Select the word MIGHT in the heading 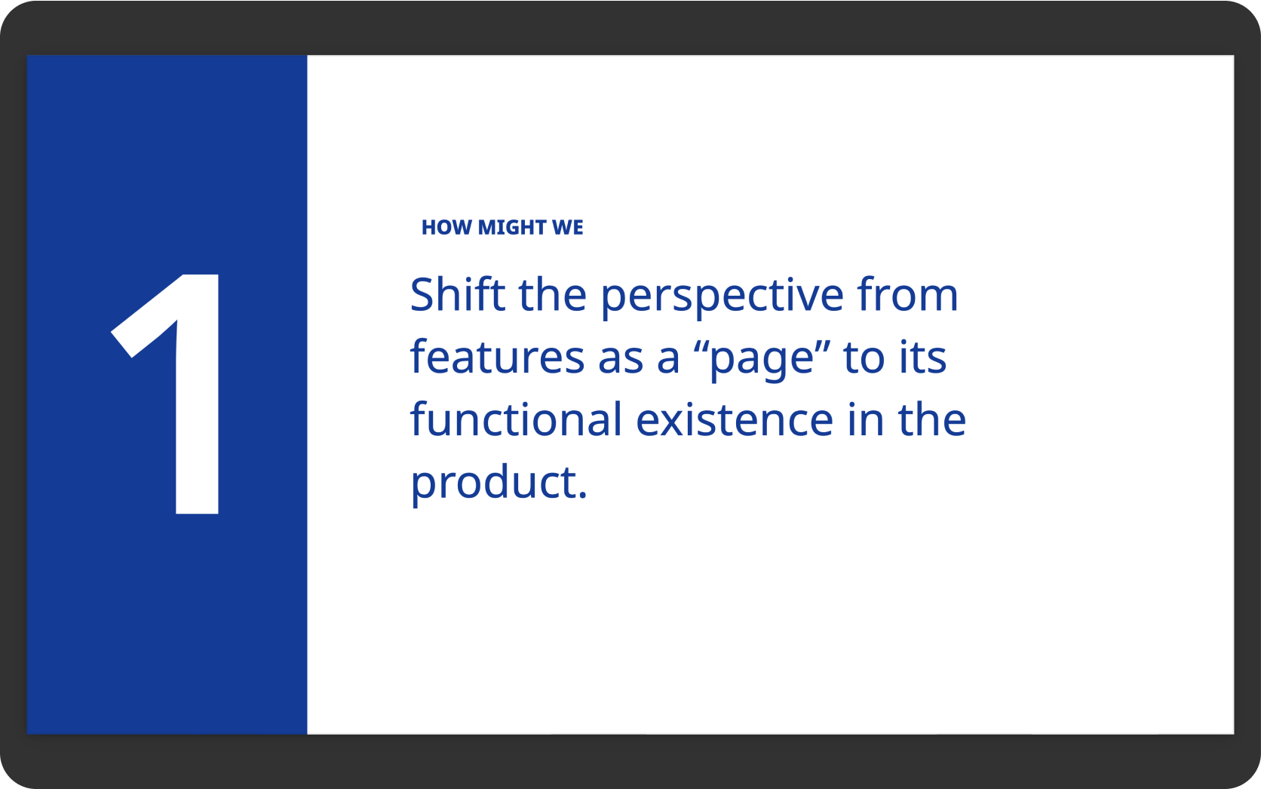click(512, 228)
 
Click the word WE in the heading click(567, 228)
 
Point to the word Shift click(457, 293)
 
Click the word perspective click(723, 297)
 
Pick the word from click(907, 293)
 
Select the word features click(497, 356)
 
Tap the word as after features click(621, 361)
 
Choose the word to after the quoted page click(863, 359)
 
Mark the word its click(922, 356)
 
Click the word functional click(516, 419)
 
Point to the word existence click(734, 420)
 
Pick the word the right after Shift click(552, 293)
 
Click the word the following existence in click(932, 419)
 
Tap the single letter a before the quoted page click(667, 361)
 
